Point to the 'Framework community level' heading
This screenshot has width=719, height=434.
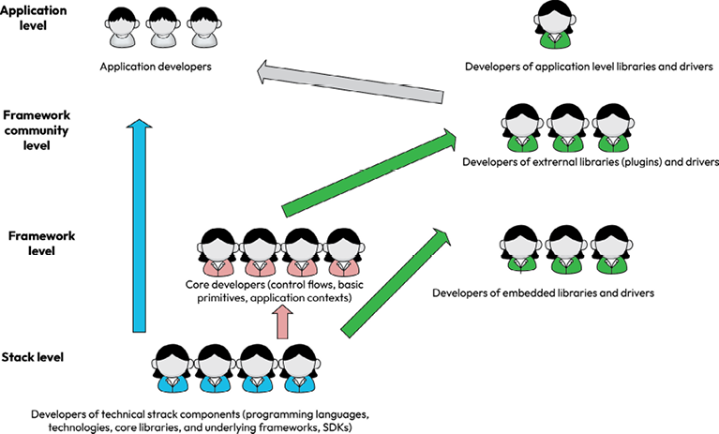(x=37, y=128)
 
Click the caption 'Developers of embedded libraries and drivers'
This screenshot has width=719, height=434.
(x=543, y=293)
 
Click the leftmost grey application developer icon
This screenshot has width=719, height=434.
(x=122, y=28)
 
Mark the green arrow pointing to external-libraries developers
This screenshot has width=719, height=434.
(x=367, y=173)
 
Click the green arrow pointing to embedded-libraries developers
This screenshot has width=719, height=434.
(x=389, y=280)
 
